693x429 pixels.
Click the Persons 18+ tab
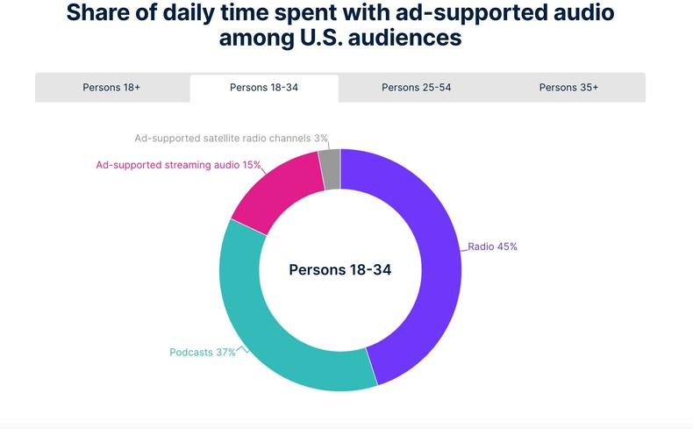click(x=111, y=88)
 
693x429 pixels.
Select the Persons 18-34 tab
click(x=264, y=88)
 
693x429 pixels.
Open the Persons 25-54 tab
click(x=417, y=88)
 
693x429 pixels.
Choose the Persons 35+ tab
click(x=568, y=88)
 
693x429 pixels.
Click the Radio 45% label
click(x=492, y=247)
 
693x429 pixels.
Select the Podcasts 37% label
click(x=203, y=353)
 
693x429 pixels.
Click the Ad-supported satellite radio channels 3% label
click(x=231, y=138)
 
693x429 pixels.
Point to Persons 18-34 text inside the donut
click(x=340, y=269)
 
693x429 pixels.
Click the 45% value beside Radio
click(x=507, y=247)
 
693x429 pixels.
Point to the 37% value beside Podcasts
click(x=225, y=353)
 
